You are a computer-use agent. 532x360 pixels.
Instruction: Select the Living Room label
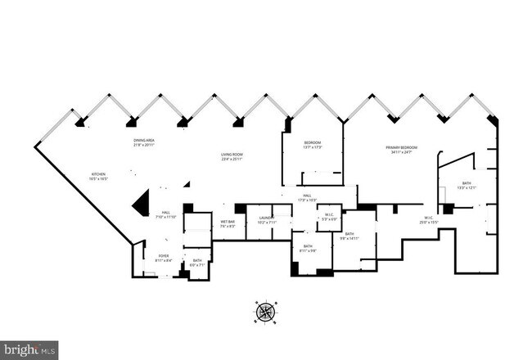pyautogui.click(x=231, y=156)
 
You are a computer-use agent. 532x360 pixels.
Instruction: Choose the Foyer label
pyautogui.click(x=164, y=258)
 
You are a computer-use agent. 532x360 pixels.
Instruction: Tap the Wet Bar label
pyautogui.click(x=228, y=223)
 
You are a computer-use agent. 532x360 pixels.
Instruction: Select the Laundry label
pyautogui.click(x=268, y=219)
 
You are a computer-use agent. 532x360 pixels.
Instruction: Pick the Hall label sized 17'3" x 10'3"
pyautogui.click(x=307, y=197)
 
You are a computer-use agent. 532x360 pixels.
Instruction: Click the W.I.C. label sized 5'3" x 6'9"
pyautogui.click(x=329, y=217)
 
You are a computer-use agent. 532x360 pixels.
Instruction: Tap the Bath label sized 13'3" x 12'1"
pyautogui.click(x=466, y=185)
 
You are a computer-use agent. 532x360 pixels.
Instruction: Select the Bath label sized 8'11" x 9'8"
pyautogui.click(x=309, y=248)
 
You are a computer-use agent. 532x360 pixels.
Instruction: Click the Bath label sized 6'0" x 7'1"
pyautogui.click(x=197, y=262)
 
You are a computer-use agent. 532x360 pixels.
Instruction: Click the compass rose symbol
pyautogui.click(x=266, y=312)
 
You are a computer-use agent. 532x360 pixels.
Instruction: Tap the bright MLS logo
pyautogui.click(x=29, y=350)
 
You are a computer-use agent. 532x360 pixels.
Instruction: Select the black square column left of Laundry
pyautogui.click(x=241, y=209)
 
